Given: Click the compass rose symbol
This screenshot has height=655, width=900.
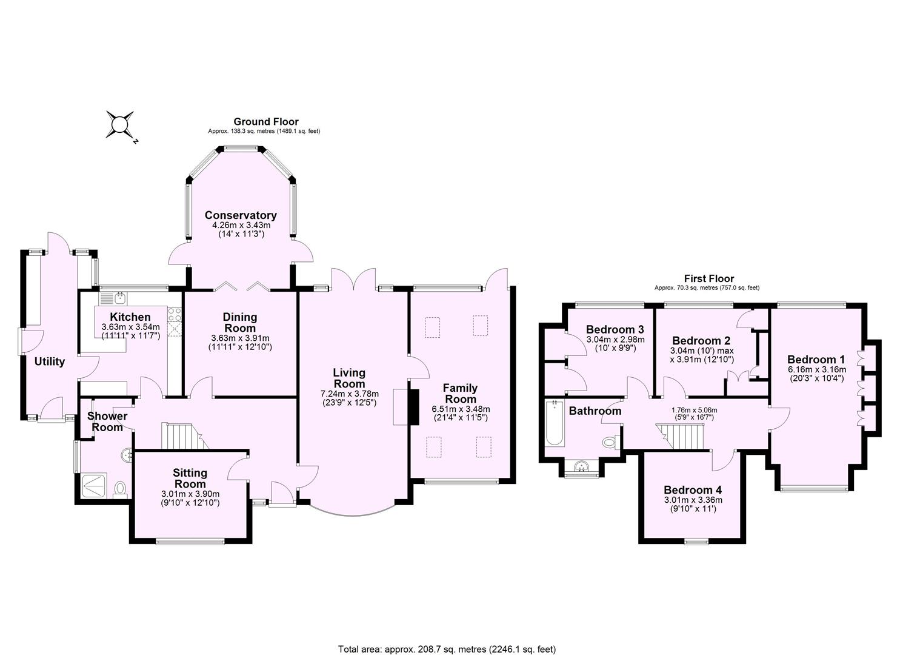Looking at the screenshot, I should [x=120, y=126].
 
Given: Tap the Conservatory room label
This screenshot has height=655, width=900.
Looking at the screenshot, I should [x=241, y=215].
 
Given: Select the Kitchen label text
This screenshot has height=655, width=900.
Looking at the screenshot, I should [x=130, y=317].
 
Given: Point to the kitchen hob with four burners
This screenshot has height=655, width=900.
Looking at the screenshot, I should [x=175, y=314].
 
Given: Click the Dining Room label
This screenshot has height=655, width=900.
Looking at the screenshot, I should [x=240, y=322].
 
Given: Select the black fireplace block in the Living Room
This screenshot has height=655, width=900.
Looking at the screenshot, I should [x=414, y=406].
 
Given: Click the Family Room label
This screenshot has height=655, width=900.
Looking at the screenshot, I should [x=460, y=393].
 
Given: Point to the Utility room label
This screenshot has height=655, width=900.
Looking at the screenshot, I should [x=49, y=361].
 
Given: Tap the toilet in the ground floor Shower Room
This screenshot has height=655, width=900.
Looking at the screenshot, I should [x=121, y=488].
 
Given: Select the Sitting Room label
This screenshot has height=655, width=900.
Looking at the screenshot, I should [x=190, y=478].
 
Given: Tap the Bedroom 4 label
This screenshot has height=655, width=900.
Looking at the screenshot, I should [x=692, y=490].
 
